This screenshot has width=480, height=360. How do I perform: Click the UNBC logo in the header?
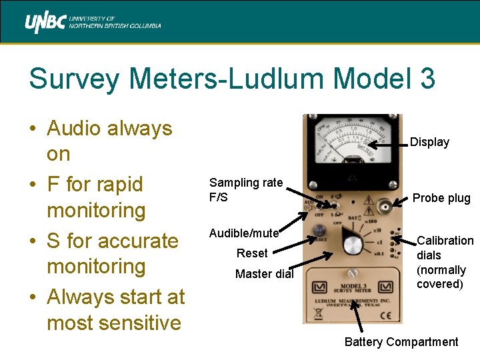(93, 24)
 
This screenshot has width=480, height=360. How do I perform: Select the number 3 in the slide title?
(427, 79)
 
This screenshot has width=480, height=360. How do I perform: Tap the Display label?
(429, 142)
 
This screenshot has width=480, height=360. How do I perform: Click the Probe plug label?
(441, 198)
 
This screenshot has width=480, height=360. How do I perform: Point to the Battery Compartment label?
(401, 342)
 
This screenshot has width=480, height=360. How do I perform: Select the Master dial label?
(265, 274)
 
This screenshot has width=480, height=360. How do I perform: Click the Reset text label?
(252, 253)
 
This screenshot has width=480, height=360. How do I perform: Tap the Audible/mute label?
(243, 233)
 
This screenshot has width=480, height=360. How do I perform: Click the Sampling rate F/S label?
(246, 190)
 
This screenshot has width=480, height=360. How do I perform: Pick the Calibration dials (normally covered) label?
(445, 262)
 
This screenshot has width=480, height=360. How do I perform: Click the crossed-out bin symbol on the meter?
(317, 313)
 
